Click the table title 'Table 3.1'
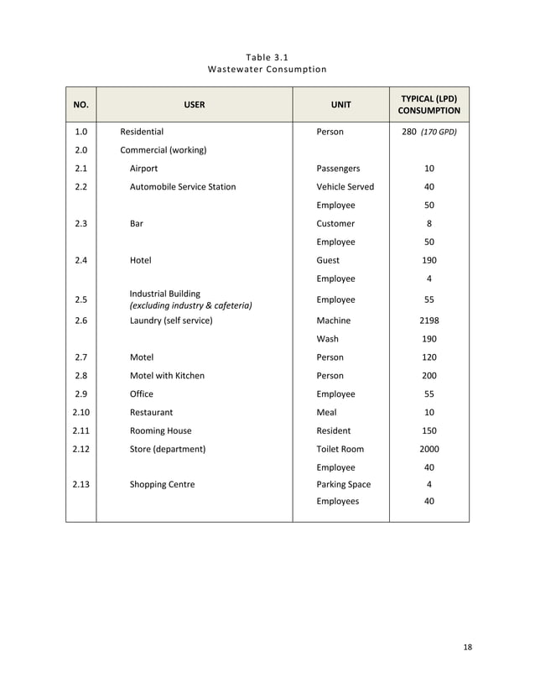(x=267, y=56)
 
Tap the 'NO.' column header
(x=81, y=105)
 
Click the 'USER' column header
(x=195, y=105)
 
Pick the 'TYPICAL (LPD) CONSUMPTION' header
(x=429, y=105)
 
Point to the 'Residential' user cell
(x=142, y=132)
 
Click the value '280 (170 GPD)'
(x=429, y=132)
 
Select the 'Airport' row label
(x=143, y=169)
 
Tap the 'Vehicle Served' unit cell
(x=345, y=187)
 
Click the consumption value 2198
(x=429, y=320)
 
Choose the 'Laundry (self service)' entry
(x=171, y=320)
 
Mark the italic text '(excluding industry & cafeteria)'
(x=190, y=305)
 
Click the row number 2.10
(x=81, y=412)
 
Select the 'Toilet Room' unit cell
(x=340, y=449)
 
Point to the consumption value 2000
(x=429, y=449)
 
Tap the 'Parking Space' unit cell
(x=343, y=484)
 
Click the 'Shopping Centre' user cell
(x=162, y=484)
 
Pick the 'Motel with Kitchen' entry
(x=167, y=376)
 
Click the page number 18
(x=468, y=646)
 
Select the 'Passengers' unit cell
(x=338, y=169)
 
